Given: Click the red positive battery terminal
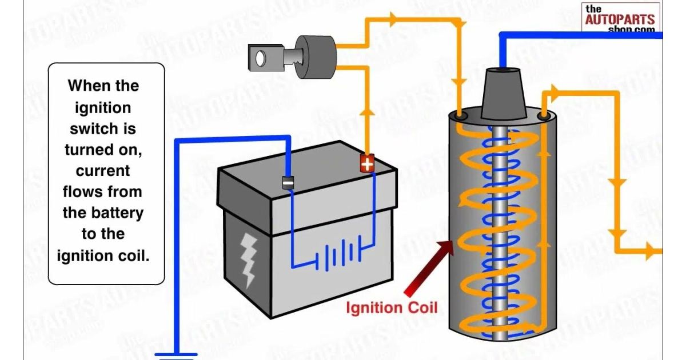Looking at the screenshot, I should click(366, 164).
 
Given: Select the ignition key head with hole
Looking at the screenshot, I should click(261, 57).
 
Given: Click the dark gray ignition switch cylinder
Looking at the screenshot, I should click(316, 55).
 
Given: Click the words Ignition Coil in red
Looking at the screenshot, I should click(392, 308).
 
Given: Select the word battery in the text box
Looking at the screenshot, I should click(120, 213).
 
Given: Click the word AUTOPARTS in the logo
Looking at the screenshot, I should click(620, 19).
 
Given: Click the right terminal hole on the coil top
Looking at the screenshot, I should click(545, 116).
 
